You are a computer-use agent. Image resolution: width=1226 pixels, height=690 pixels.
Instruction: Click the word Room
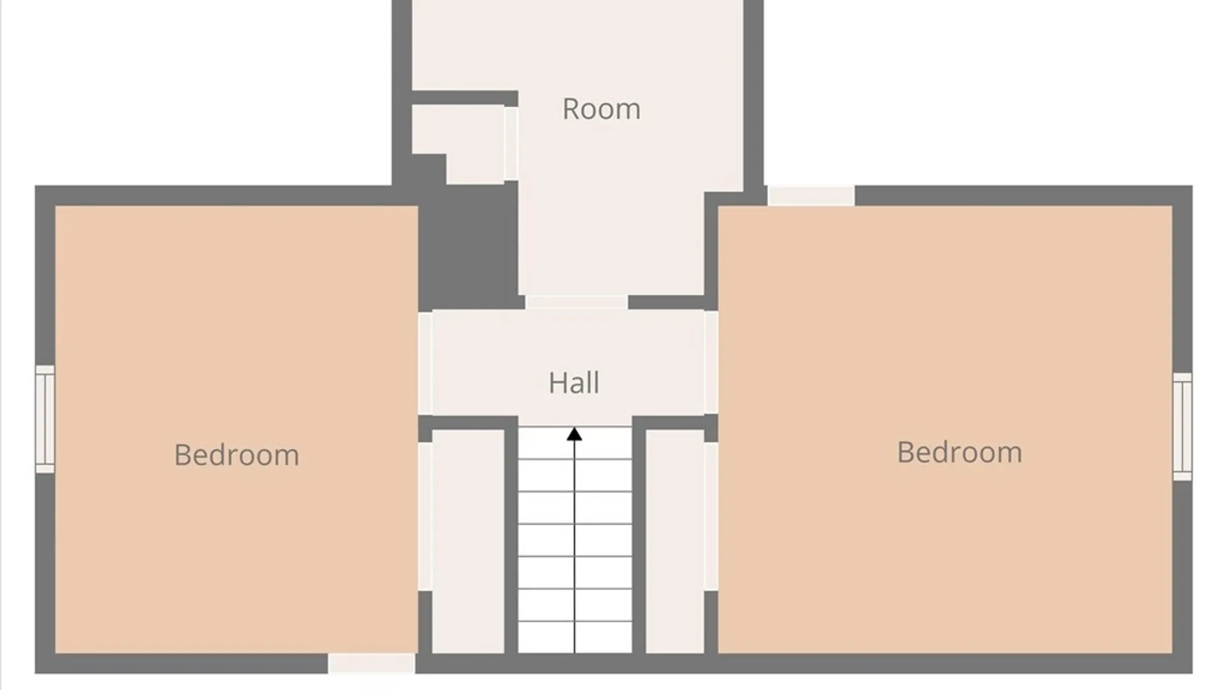pyautogui.click(x=602, y=109)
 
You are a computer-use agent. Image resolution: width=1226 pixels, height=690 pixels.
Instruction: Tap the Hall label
pyautogui.click(x=574, y=383)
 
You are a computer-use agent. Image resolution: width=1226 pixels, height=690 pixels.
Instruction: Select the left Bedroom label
pyautogui.click(x=237, y=455)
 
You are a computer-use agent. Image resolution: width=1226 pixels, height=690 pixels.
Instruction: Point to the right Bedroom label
pyautogui.click(x=960, y=452)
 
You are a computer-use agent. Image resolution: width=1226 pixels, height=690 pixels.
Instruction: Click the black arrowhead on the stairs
pyautogui.click(x=575, y=434)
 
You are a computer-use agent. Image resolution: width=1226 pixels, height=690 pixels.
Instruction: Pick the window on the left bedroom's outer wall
pyautogui.click(x=45, y=419)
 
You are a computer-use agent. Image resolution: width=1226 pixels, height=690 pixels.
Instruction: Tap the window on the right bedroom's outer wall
pyautogui.click(x=1183, y=426)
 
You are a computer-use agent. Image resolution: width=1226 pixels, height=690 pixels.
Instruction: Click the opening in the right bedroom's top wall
pyautogui.click(x=811, y=195)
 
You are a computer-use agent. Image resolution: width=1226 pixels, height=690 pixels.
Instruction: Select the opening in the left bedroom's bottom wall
pyautogui.click(x=372, y=663)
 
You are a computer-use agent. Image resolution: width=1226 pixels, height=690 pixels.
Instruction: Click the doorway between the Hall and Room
pyautogui.click(x=577, y=303)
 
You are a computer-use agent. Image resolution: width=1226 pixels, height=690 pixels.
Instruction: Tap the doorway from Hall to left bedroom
pyautogui.click(x=425, y=363)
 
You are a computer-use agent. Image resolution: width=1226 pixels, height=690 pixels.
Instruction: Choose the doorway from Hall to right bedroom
pyautogui.click(x=711, y=362)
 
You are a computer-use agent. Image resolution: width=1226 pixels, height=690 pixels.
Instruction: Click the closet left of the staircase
pyautogui.click(x=468, y=541)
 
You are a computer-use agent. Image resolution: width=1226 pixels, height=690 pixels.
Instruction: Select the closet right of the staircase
pyautogui.click(x=675, y=541)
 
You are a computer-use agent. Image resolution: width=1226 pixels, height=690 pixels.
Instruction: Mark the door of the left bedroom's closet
pyautogui.click(x=425, y=516)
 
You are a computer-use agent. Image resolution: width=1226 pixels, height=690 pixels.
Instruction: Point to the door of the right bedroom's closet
pyautogui.click(x=711, y=516)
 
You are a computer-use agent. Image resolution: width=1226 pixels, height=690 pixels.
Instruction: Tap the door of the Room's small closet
pyautogui.click(x=511, y=144)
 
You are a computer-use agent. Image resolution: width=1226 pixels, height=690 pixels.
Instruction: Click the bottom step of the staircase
pyautogui.click(x=575, y=637)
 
